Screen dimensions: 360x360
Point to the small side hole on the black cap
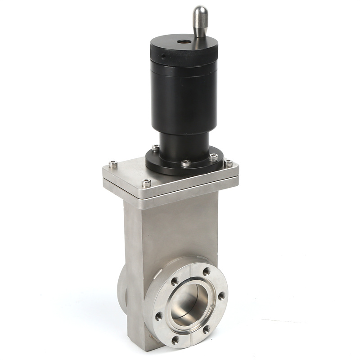click(164, 56)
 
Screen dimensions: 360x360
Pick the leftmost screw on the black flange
click(155, 148)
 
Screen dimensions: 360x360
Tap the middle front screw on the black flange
click(185, 164)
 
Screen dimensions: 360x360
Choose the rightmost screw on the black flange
click(213, 157)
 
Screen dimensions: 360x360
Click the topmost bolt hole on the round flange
click(207, 272)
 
